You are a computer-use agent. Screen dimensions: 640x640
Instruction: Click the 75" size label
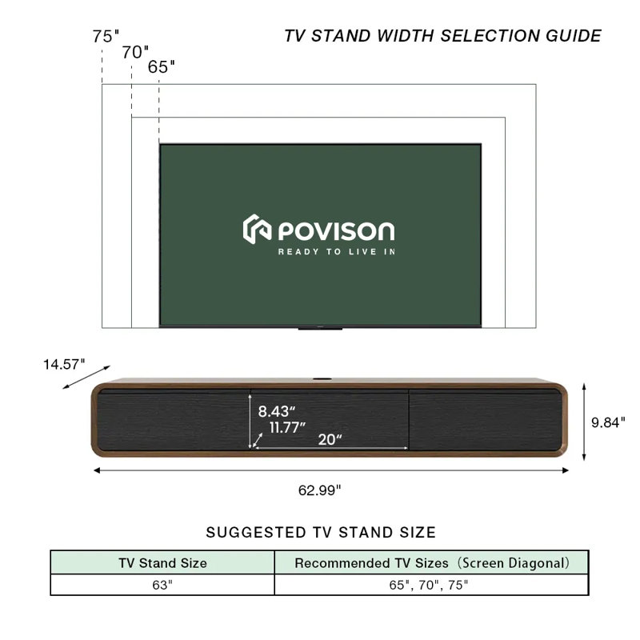click(106, 36)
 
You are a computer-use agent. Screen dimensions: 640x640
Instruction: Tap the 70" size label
click(135, 52)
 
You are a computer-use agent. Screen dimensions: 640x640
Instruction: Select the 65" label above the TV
click(162, 67)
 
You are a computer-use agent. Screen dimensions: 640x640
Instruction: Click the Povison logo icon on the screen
click(257, 229)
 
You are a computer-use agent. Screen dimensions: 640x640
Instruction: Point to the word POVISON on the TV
click(336, 231)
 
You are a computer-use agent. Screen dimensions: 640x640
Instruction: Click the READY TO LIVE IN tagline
click(337, 252)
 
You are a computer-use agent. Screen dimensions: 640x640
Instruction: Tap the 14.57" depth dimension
click(64, 364)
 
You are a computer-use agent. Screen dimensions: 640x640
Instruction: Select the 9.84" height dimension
click(608, 422)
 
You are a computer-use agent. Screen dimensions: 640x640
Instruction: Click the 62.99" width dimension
click(319, 490)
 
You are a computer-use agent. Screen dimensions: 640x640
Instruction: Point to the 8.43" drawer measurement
click(276, 411)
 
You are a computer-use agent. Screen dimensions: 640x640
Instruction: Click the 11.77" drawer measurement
click(287, 428)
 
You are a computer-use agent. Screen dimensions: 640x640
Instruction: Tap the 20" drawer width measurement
click(330, 439)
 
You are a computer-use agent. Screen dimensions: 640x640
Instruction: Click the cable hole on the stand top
click(322, 379)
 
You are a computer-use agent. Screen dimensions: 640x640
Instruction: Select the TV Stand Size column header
click(163, 563)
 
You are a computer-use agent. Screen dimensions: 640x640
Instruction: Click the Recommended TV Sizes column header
click(432, 563)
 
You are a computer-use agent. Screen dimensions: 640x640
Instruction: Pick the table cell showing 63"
click(162, 585)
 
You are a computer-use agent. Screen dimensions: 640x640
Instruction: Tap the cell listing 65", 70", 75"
click(431, 585)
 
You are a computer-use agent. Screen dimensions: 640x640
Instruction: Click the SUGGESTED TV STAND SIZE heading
click(321, 533)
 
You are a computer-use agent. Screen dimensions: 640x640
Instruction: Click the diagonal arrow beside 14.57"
click(86, 377)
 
